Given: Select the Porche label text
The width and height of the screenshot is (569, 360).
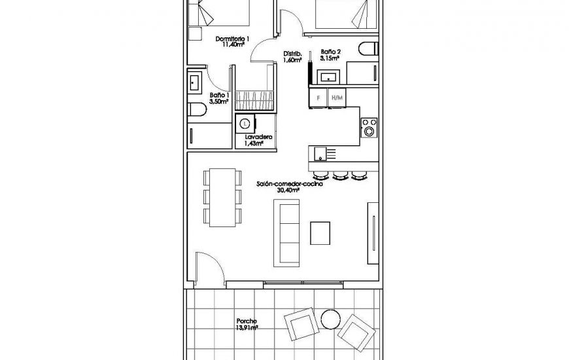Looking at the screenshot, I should [247, 321].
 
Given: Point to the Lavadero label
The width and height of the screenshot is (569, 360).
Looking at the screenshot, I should [254, 137].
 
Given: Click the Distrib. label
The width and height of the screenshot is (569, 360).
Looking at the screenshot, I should [292, 54].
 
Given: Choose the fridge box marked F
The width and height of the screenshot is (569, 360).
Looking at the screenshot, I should [318, 98].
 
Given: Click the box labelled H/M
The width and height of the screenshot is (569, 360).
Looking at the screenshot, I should [337, 98].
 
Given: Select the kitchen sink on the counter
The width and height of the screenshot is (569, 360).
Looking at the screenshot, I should [320, 154].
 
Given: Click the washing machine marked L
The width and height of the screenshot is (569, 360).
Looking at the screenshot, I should [245, 122].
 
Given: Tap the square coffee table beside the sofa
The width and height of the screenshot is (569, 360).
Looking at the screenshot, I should [320, 232].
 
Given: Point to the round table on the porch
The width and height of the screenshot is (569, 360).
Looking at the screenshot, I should [330, 319].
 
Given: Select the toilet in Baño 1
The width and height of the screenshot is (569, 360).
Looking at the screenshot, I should [196, 110].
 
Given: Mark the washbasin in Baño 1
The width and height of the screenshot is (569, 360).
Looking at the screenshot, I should [195, 83].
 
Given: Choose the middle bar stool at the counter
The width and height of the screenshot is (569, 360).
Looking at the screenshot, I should [339, 175].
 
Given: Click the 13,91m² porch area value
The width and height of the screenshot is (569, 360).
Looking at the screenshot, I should [247, 328].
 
